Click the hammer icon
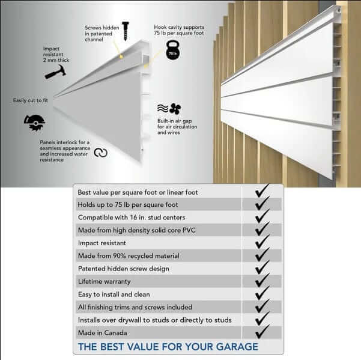click(x=56, y=72)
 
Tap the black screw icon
click(x=126, y=31)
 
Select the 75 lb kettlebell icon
click(x=173, y=50)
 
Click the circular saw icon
click(x=35, y=123)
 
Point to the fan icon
click(x=175, y=109)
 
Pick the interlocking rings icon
click(x=101, y=153)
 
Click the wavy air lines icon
click(x=163, y=108)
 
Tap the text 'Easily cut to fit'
click(x=31, y=100)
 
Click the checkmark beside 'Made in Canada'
click(x=262, y=331)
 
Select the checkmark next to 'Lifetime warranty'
click(x=262, y=280)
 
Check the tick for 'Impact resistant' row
click(x=262, y=242)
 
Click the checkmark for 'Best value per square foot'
click(x=262, y=191)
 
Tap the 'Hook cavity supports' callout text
click(x=179, y=27)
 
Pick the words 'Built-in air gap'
click(x=175, y=121)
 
